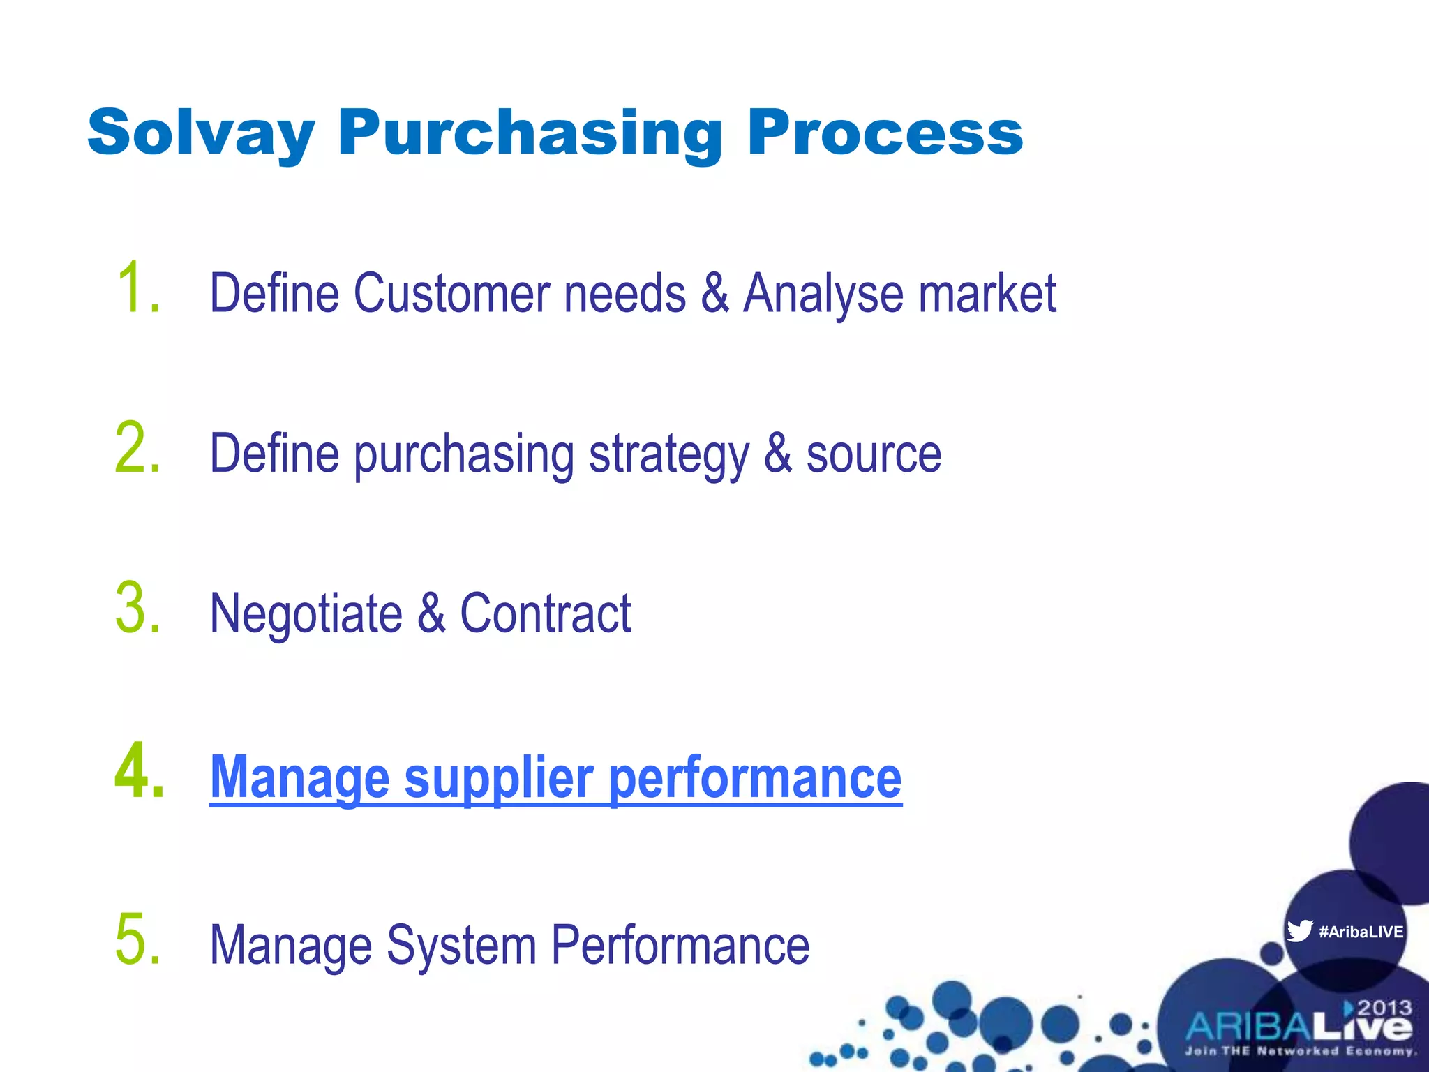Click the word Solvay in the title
201,133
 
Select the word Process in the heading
885,133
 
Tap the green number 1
133,288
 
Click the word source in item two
874,454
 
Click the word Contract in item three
546,613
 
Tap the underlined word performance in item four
756,779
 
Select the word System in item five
461,945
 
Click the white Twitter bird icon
1299,931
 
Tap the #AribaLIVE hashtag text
1361,932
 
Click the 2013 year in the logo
1384,1008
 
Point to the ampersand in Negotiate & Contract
431,613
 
